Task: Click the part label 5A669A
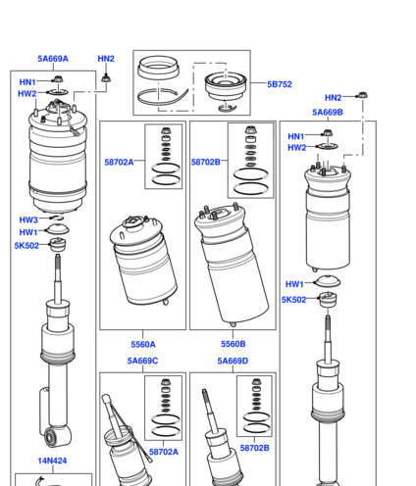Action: [53, 59]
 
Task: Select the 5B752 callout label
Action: [280, 84]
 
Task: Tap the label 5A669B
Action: [328, 113]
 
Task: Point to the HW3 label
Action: [28, 219]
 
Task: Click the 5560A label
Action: [143, 344]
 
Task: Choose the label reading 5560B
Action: [234, 344]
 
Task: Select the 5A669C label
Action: [142, 361]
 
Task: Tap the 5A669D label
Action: [233, 361]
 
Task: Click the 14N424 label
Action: [52, 461]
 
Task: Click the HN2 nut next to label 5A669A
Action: [105, 78]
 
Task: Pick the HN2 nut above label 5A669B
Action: [362, 95]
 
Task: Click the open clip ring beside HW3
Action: [57, 218]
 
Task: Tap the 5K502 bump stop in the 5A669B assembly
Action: [328, 299]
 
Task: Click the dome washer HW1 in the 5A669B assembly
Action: [327, 281]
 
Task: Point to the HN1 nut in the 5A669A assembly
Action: [58, 79]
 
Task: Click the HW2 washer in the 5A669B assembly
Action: [328, 146]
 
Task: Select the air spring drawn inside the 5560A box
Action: [143, 261]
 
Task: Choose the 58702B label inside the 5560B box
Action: [206, 162]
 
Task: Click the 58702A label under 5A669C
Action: [164, 452]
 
